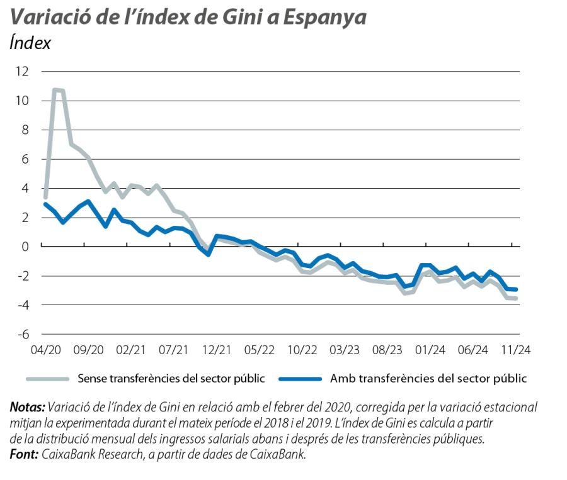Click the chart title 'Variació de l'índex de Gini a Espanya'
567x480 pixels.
pyautogui.click(x=188, y=17)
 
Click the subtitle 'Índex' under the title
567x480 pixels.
pyautogui.click(x=30, y=43)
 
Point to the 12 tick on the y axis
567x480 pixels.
pyautogui.click(x=23, y=71)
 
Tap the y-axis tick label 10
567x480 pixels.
pyautogui.click(x=23, y=101)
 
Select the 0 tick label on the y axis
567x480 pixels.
pyautogui.click(x=26, y=247)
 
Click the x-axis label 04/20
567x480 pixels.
pyautogui.click(x=45, y=350)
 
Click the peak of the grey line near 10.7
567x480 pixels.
pyautogui.click(x=56, y=91)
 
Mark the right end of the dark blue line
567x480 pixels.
pyautogui.click(x=517, y=289)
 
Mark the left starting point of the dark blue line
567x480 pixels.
pyautogui.click(x=45, y=204)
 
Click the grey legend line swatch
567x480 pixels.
pyautogui.click(x=47, y=379)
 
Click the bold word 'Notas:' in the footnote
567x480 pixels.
pyautogui.click(x=27, y=406)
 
